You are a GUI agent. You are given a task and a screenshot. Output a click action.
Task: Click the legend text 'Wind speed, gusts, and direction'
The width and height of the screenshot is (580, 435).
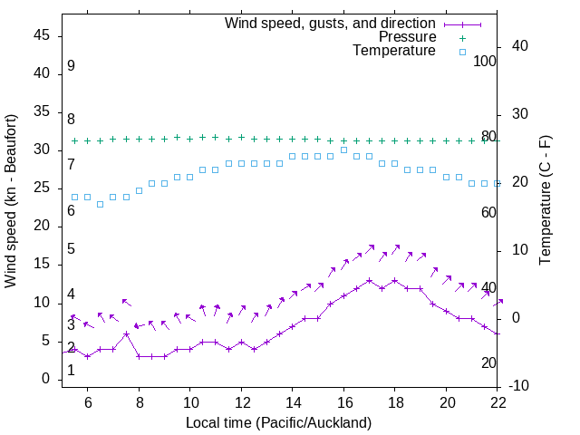click(330, 23)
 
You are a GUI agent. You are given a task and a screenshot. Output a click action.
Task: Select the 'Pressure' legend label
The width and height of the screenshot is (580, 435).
click(407, 37)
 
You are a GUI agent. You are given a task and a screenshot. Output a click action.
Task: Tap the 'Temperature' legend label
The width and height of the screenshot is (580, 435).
click(394, 51)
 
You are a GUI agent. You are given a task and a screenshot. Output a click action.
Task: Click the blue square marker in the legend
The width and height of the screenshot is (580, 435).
click(461, 52)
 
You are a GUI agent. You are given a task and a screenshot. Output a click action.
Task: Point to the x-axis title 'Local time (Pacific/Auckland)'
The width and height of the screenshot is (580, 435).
click(278, 423)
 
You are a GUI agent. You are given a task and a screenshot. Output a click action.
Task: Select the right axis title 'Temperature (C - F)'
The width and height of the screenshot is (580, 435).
click(545, 201)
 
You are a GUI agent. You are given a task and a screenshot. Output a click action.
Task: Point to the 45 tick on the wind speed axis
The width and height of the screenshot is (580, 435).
click(42, 35)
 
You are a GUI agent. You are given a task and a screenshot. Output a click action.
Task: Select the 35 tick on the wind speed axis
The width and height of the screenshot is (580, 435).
click(42, 112)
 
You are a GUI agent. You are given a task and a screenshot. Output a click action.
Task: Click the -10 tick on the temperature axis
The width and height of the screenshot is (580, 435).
click(520, 386)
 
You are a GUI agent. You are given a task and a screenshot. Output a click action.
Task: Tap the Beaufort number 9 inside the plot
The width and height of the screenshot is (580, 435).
click(71, 66)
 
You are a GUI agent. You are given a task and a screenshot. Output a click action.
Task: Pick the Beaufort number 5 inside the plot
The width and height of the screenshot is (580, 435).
click(71, 249)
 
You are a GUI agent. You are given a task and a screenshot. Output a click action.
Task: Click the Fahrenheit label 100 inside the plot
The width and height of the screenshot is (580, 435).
click(485, 62)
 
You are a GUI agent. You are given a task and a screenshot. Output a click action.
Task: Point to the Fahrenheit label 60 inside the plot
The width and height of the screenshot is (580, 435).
click(488, 212)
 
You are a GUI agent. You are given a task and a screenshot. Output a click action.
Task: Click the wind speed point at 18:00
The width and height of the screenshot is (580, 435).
click(395, 280)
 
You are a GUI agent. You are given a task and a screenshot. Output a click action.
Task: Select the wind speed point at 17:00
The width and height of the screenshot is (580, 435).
click(370, 280)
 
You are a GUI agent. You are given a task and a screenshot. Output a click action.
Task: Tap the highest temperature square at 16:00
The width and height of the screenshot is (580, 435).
click(343, 150)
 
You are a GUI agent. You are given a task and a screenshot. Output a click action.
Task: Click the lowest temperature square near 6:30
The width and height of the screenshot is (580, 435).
click(101, 204)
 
